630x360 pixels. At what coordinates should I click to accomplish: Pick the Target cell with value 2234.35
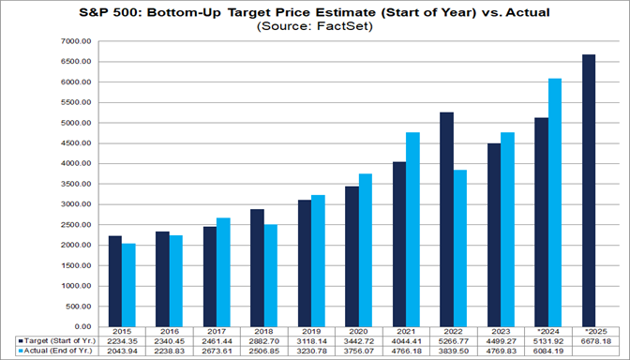(121, 342)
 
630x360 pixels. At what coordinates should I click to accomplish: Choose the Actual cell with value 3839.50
(454, 352)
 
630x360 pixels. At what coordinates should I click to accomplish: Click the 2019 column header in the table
(310, 333)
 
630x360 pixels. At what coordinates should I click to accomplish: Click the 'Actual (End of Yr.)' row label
(53, 352)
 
